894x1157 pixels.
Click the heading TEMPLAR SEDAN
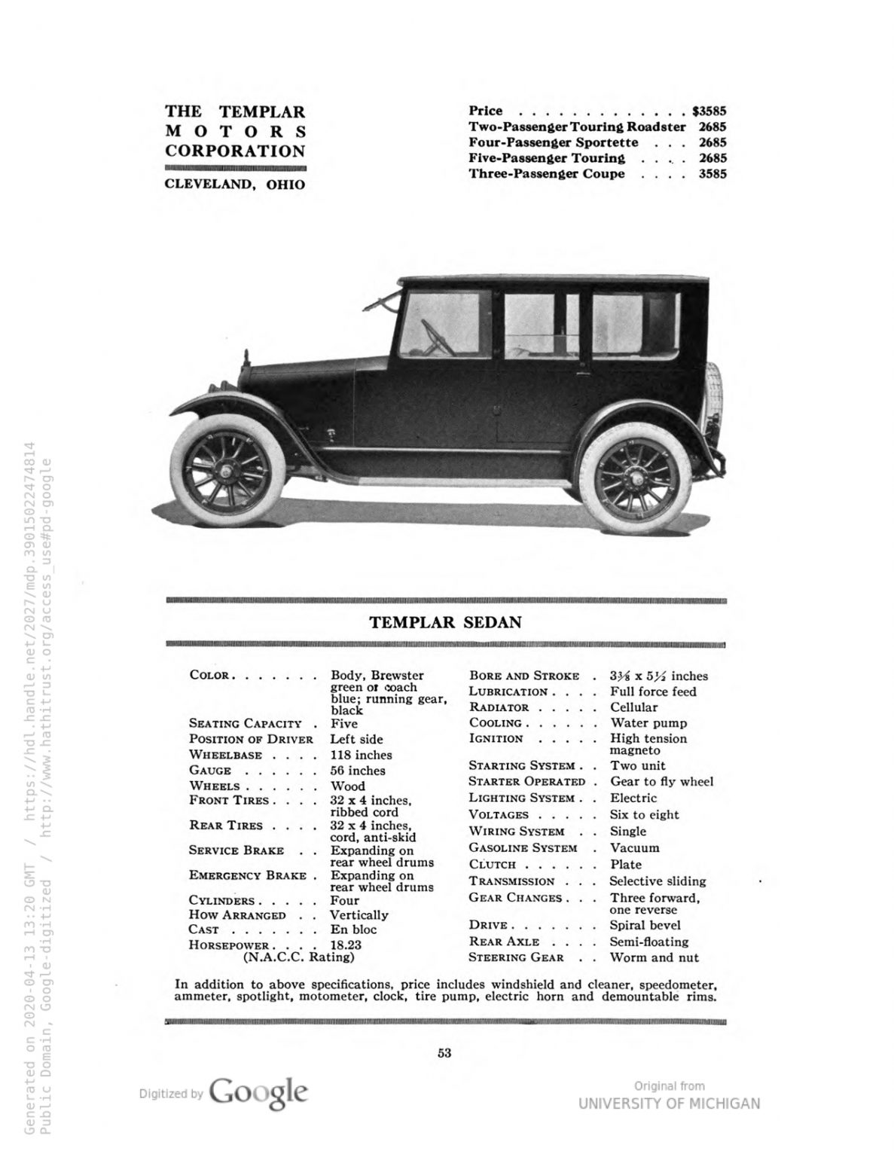(x=445, y=622)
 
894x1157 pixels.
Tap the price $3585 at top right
(x=709, y=111)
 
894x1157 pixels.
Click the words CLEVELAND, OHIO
(x=234, y=184)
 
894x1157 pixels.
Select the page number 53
(x=444, y=1053)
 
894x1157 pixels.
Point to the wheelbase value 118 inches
(x=361, y=755)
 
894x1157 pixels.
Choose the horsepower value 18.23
(x=346, y=944)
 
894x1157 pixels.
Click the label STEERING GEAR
(x=516, y=957)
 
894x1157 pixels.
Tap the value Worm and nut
(x=654, y=957)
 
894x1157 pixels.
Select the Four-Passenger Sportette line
(x=554, y=142)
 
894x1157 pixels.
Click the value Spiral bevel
(x=645, y=925)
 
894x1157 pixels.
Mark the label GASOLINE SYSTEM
(x=522, y=847)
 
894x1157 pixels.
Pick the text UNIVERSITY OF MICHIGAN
(x=669, y=1104)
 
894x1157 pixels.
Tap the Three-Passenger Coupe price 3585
(x=712, y=174)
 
